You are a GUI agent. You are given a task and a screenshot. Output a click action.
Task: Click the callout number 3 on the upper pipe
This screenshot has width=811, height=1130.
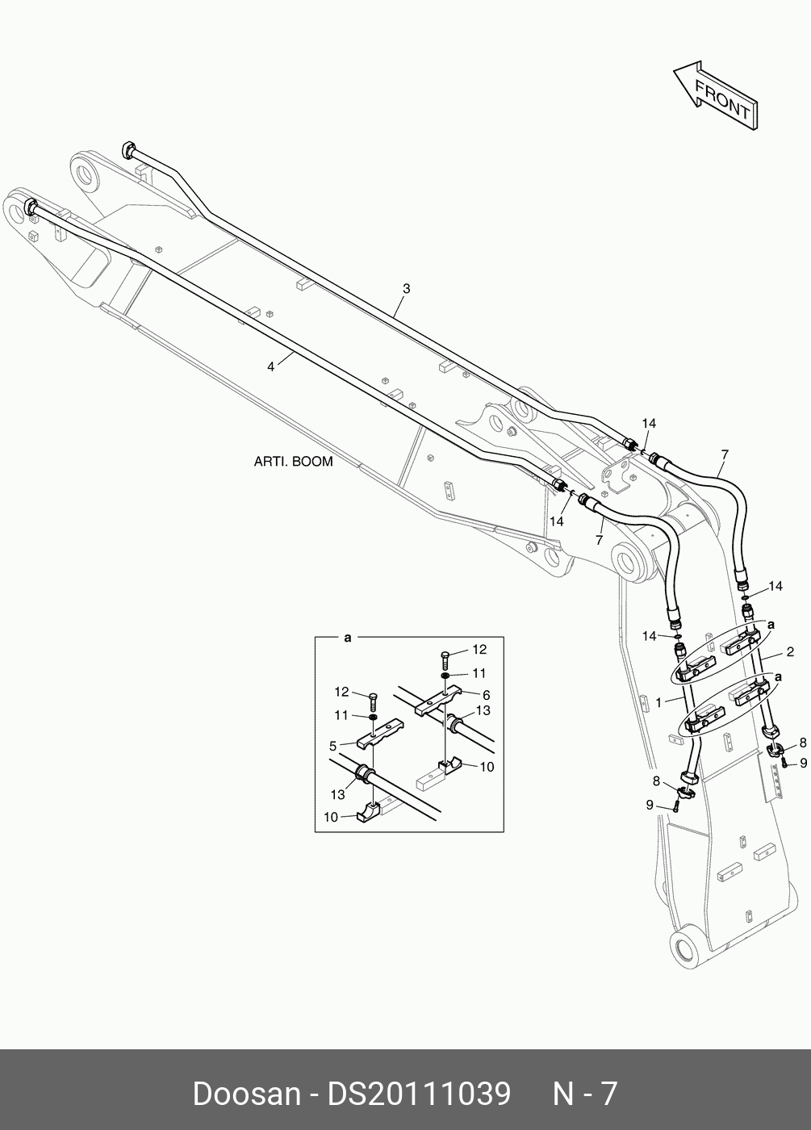(407, 288)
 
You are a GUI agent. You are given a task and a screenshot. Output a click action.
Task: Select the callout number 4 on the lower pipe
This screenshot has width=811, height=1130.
(271, 366)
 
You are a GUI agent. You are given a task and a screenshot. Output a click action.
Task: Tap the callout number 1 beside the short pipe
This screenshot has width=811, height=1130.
(658, 702)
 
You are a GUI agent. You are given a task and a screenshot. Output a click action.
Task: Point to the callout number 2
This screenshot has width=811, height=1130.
(790, 651)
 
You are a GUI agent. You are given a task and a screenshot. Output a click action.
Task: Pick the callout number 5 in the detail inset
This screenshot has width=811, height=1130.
(332, 745)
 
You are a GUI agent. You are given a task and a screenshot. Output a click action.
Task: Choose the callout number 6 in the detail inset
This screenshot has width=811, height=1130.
(486, 694)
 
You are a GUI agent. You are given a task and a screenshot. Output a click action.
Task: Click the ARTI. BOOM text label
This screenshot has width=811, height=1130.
(293, 462)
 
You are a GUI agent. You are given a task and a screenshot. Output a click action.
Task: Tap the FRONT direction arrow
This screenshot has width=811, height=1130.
(715, 95)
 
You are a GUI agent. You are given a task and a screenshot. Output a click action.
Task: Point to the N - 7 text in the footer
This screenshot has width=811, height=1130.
(584, 1094)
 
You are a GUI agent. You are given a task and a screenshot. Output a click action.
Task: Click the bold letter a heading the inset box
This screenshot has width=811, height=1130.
(348, 638)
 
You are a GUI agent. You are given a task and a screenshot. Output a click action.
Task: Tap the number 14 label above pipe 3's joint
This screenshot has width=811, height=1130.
(649, 423)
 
